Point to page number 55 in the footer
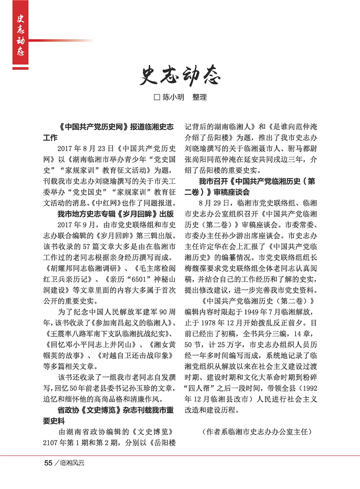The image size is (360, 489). (48, 463)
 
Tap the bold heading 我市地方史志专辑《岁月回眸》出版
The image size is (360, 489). (115, 214)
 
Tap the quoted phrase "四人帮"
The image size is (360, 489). (200, 389)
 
